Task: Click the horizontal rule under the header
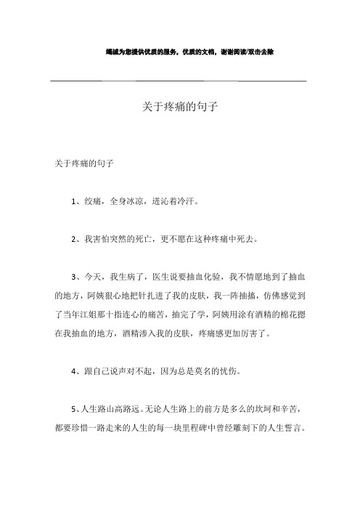(x=179, y=80)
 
